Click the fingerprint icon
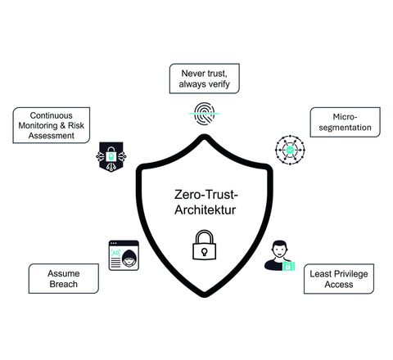[204, 114]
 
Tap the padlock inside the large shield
[204, 245]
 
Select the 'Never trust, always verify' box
[205, 79]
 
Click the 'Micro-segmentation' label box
[345, 122]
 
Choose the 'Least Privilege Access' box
[339, 279]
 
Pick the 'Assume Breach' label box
[64, 278]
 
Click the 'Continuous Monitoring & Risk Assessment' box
[52, 125]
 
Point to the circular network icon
[290, 150]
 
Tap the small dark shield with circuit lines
[111, 157]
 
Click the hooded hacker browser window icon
[124, 255]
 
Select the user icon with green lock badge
[280, 255]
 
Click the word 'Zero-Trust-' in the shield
[206, 195]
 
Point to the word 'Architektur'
[206, 210]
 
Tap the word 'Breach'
[64, 284]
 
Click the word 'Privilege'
[350, 274]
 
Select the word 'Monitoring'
[38, 126]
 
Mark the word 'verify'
[219, 84]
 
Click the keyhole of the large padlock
[204, 251]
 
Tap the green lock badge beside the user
[289, 266]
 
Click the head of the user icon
[280, 249]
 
